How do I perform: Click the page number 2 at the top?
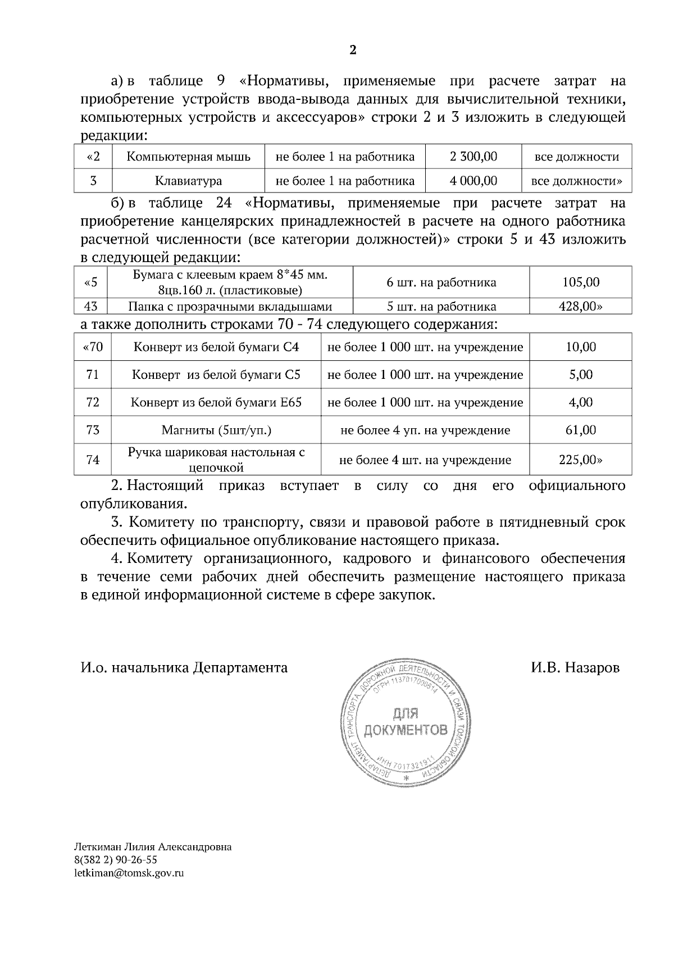[353, 51]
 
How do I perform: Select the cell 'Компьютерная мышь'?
[188, 157]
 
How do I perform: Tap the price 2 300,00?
[473, 157]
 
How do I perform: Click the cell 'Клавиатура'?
[188, 181]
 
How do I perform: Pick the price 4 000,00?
[473, 181]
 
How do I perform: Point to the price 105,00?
[581, 282]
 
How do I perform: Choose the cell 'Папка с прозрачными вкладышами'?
[230, 307]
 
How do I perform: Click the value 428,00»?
[581, 307]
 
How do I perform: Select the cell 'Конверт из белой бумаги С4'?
[216, 347]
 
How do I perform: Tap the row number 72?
[93, 402]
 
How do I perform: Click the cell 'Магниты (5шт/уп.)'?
[216, 430]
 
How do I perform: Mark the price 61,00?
[581, 430]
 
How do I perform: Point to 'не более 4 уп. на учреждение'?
[425, 430]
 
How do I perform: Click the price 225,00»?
[581, 460]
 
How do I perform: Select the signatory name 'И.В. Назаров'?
[575, 668]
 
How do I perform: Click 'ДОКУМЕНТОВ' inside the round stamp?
[406, 730]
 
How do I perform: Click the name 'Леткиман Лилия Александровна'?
[153, 847]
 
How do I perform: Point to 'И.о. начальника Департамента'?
[184, 668]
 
